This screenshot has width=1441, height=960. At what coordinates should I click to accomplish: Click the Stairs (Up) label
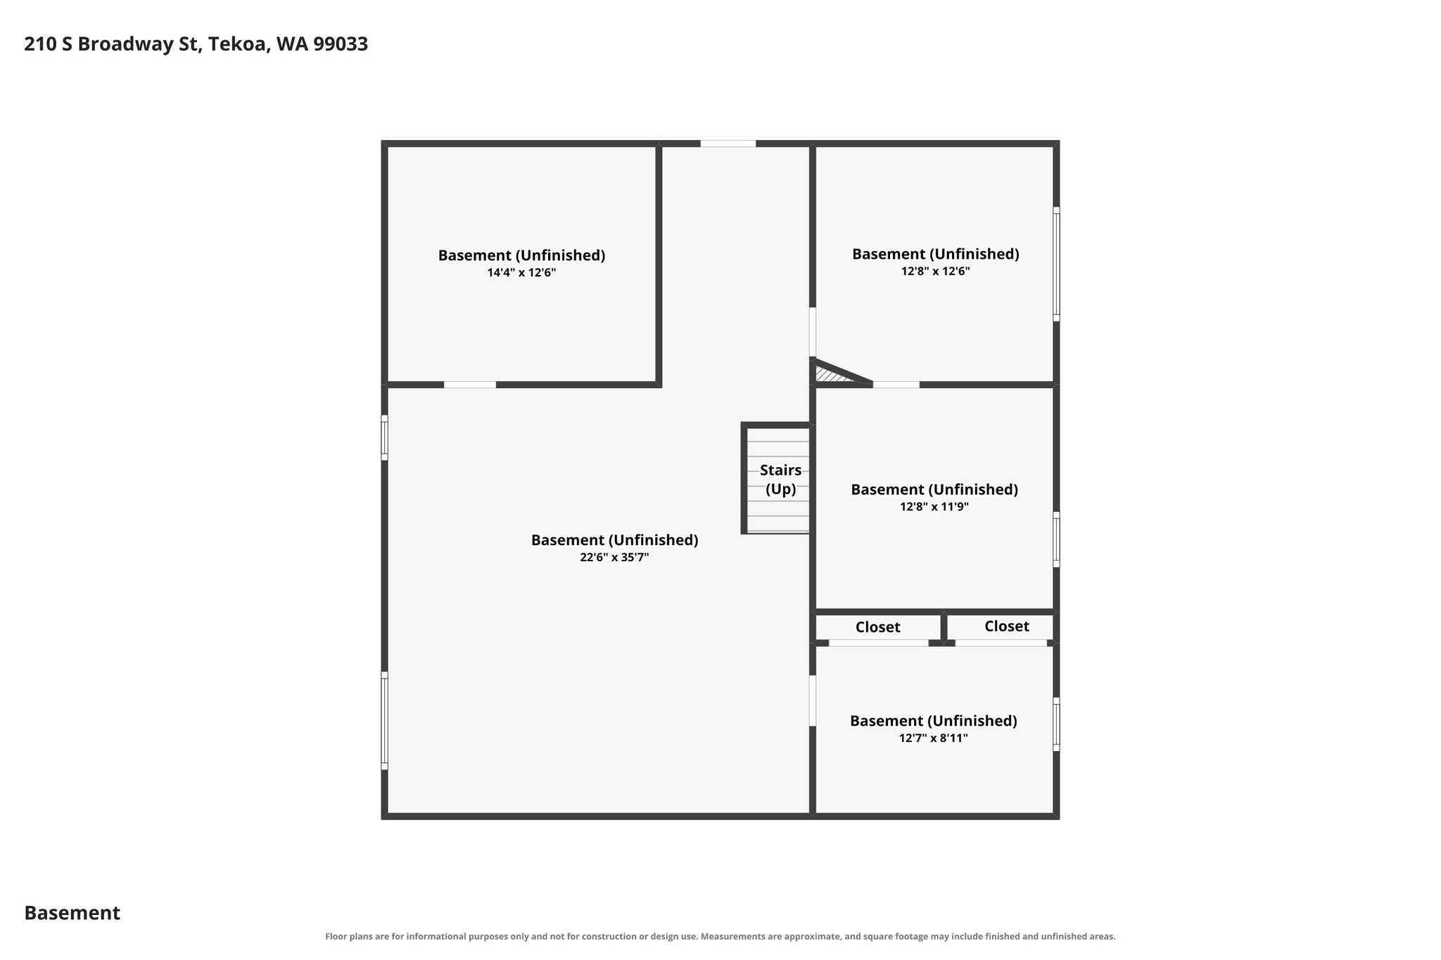[x=780, y=480]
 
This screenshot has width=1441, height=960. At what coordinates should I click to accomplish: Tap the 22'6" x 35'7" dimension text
[x=614, y=558]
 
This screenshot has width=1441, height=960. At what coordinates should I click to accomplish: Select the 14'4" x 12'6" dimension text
[x=521, y=273]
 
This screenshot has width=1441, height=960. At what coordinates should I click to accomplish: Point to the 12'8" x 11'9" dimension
[x=934, y=507]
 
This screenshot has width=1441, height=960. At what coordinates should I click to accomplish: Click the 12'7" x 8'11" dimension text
[x=933, y=738]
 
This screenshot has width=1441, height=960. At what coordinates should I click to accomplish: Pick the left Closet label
[x=877, y=627]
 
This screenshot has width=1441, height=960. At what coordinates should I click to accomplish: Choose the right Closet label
[x=1006, y=627]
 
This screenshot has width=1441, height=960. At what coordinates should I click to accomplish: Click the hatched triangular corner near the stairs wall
[x=834, y=373]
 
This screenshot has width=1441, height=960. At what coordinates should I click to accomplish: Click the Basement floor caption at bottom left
[x=72, y=913]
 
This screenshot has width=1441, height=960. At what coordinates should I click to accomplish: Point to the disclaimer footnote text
[x=720, y=937]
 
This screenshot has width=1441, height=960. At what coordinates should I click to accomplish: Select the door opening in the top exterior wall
[x=728, y=143]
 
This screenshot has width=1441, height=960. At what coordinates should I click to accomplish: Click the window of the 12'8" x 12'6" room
[x=1056, y=264]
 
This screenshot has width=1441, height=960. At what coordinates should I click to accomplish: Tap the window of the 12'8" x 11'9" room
[x=1056, y=539]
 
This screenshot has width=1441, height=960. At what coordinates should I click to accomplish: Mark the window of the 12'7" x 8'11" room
[x=1056, y=724]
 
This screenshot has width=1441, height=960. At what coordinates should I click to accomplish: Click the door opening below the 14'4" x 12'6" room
[x=469, y=385]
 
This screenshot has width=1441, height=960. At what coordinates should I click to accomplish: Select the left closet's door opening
[x=878, y=643]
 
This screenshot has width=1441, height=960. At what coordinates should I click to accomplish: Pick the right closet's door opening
[x=1001, y=643]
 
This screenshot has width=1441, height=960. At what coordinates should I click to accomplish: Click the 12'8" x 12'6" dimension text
[x=935, y=271]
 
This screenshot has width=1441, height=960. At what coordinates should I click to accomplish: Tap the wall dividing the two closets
[x=944, y=627]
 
